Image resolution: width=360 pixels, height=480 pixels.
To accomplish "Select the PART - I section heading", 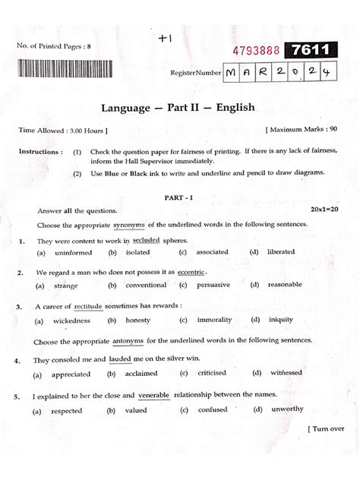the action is [180, 197].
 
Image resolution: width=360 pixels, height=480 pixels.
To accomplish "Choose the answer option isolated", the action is [138, 252].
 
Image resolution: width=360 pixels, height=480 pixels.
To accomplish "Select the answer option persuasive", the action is [213, 286].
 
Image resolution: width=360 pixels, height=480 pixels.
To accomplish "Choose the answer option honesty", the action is [137, 320].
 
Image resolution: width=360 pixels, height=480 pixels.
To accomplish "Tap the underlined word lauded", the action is [120, 359].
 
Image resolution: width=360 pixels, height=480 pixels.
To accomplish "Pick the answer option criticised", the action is [212, 374].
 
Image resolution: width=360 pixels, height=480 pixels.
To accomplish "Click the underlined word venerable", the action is [155, 396].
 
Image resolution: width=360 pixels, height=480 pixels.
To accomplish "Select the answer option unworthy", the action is [286, 409].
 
